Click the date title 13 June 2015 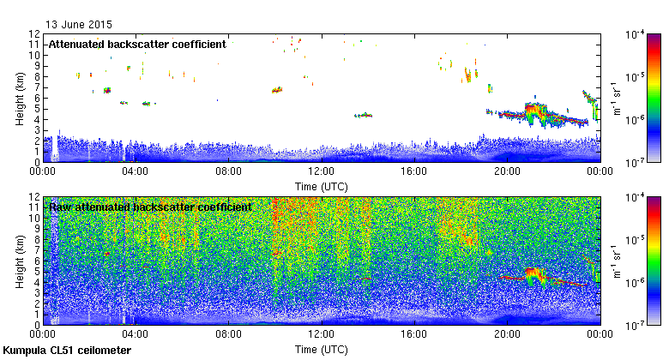coord(78,25)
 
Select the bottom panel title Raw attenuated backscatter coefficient coord(150,207)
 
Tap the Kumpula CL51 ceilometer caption coord(67,351)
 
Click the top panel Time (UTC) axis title coord(322,185)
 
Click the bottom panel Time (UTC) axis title coord(322,350)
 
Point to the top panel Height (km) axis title coord(19,97)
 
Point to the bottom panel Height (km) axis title coord(19,260)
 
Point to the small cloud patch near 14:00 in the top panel coord(365,115)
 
